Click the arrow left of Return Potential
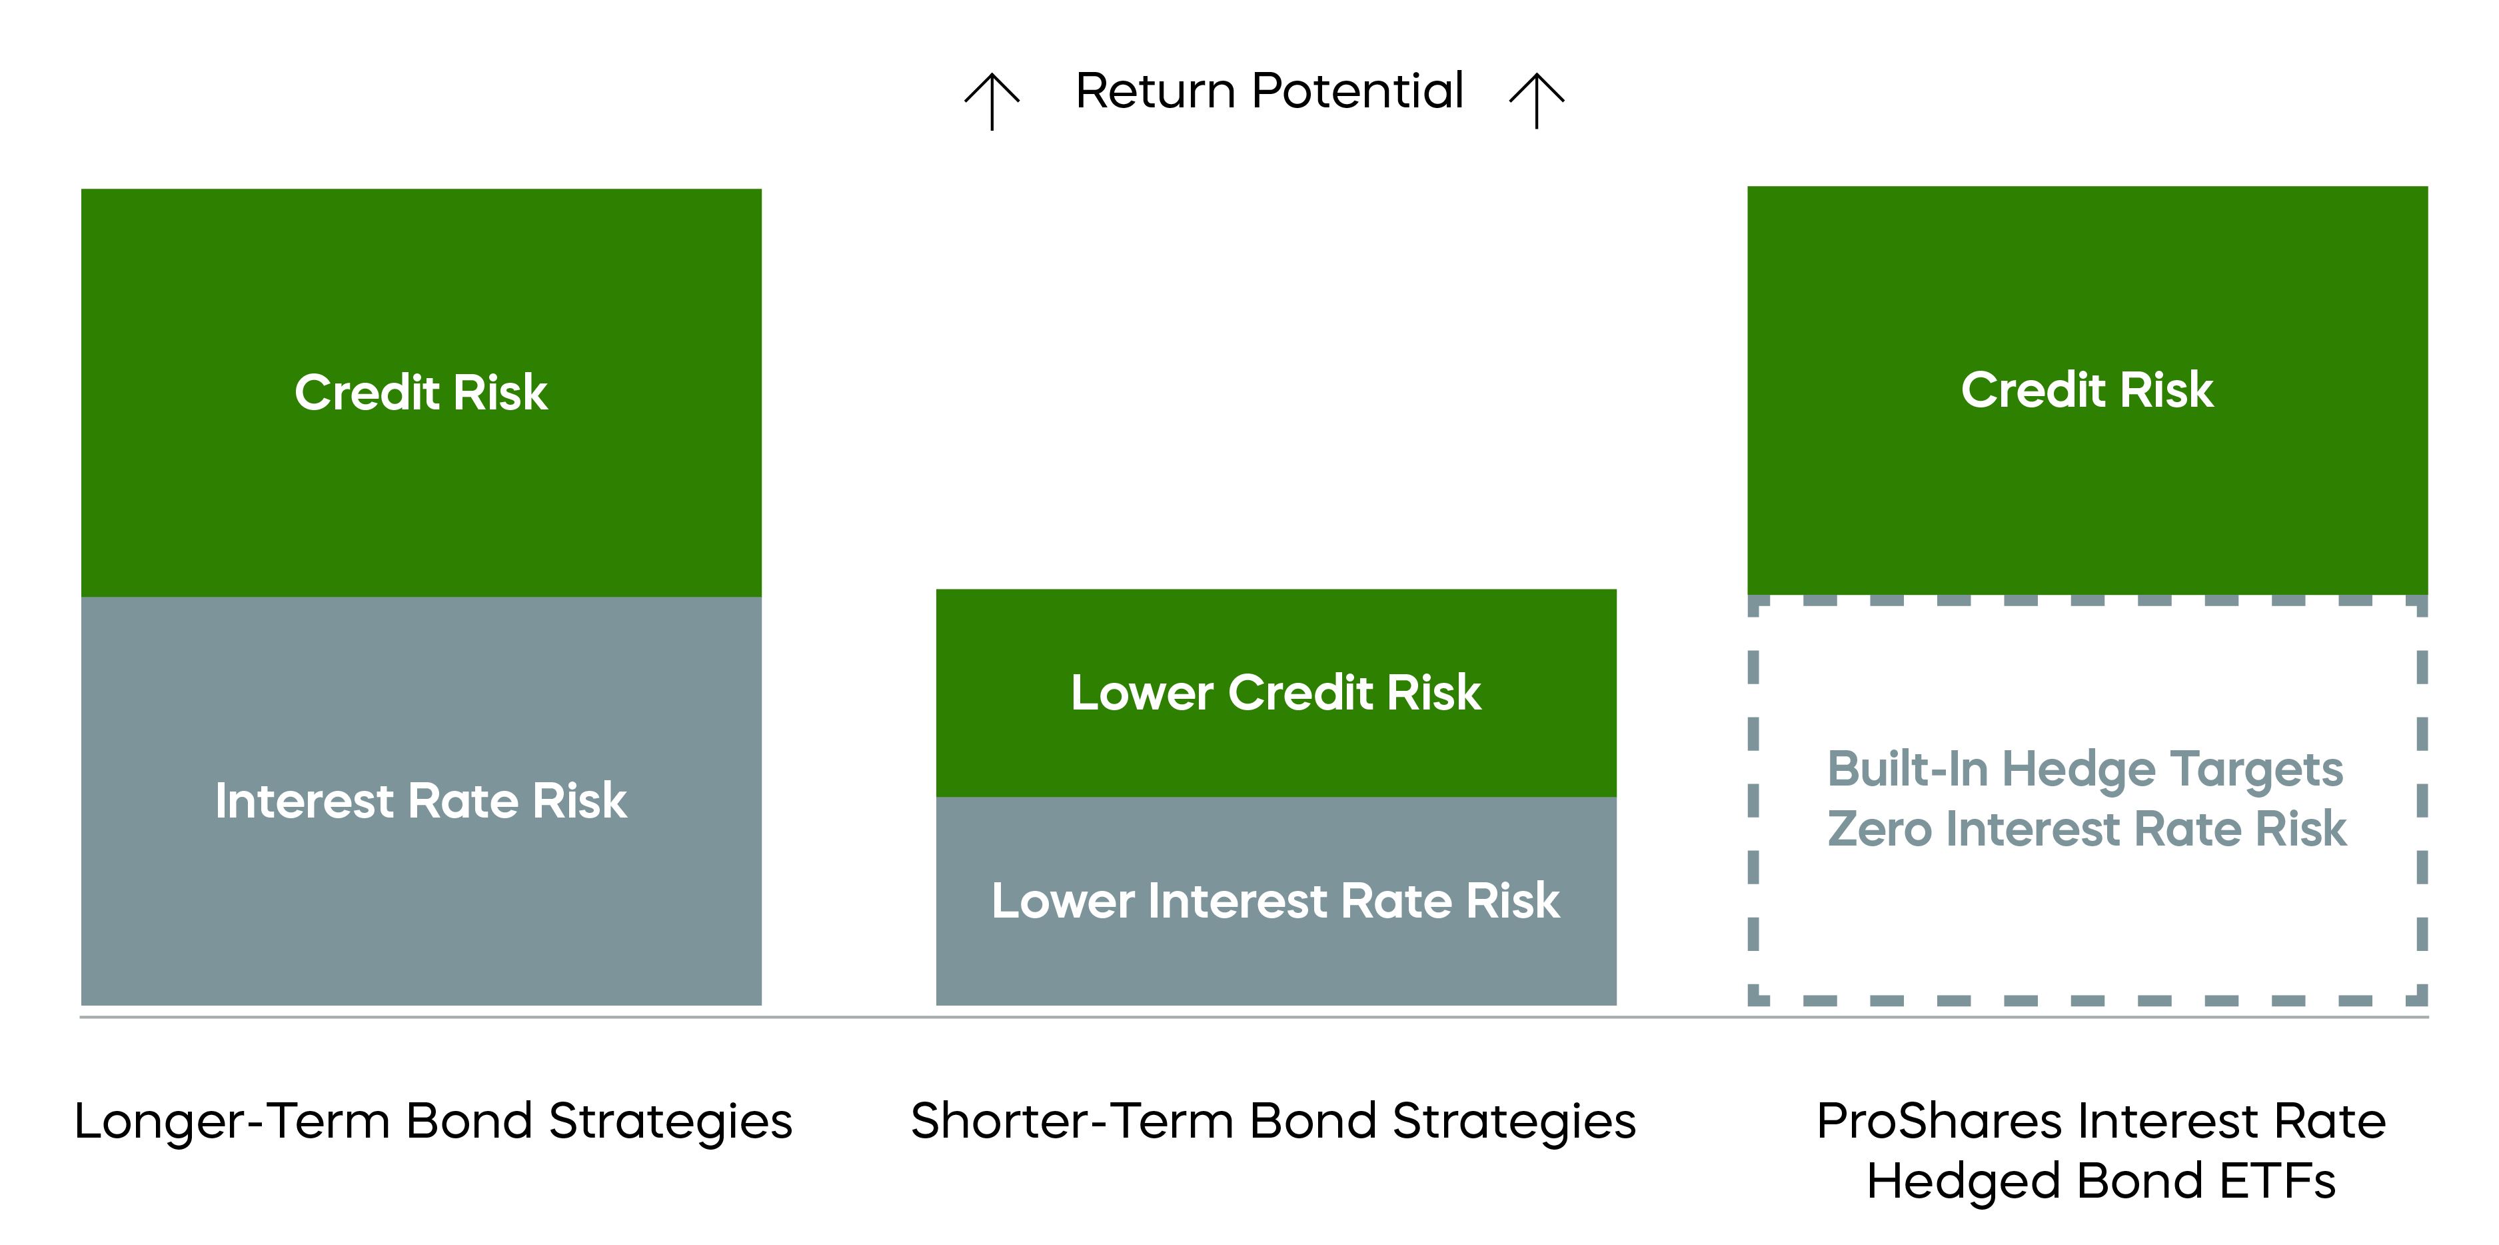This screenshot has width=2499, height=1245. [x=992, y=101]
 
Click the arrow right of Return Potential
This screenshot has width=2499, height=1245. [x=1537, y=101]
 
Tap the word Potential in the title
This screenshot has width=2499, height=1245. [x=1357, y=91]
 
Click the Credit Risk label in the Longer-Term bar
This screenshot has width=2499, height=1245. [x=421, y=392]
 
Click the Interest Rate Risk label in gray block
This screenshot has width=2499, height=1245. [x=421, y=802]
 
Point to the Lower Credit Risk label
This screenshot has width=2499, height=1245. [x=1275, y=693]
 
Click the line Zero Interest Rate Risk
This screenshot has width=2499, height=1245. [x=2086, y=830]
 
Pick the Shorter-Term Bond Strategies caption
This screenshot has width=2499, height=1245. [x=1273, y=1122]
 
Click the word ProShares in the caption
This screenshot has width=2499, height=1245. [x=1939, y=1122]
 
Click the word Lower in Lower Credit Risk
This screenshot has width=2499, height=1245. [x=1142, y=693]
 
